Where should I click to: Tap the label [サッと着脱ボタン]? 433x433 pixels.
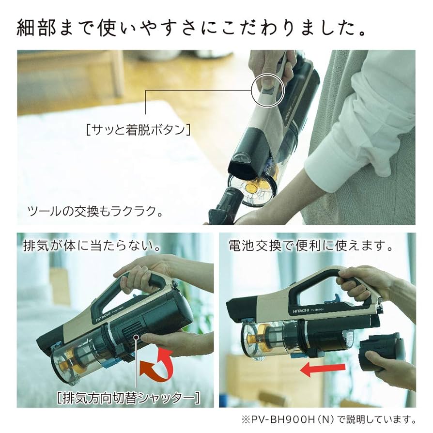pyautogui.click(x=137, y=130)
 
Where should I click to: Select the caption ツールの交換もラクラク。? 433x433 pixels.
pyautogui.click(x=94, y=212)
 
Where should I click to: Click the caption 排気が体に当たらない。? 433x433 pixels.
pyautogui.click(x=92, y=245)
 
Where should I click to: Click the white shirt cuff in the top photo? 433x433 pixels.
pyautogui.click(x=334, y=160)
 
